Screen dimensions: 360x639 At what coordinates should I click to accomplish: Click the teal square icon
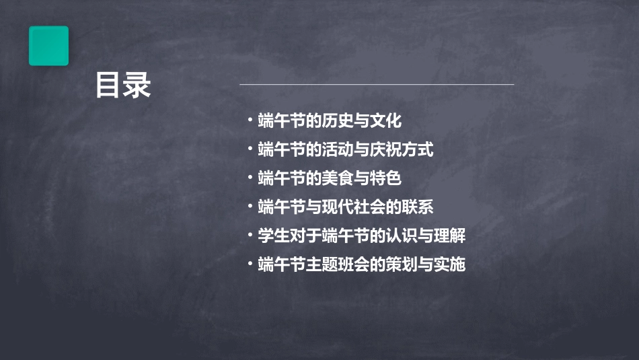(48, 46)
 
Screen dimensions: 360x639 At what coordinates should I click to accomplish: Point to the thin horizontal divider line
(377, 85)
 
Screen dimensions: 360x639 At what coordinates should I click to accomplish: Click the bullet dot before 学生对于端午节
(250, 235)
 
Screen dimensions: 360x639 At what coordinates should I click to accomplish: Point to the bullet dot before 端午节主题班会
(250, 264)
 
